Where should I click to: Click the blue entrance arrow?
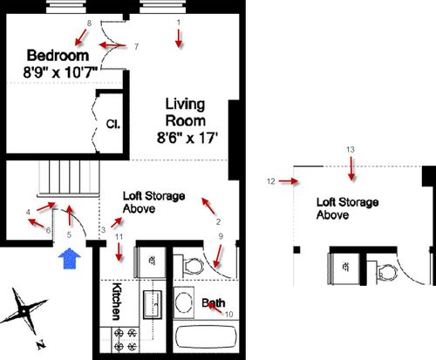click(70, 258)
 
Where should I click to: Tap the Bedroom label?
click(58, 56)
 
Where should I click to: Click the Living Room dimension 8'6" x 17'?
click(187, 138)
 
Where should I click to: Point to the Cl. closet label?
click(113, 125)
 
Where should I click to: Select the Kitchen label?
click(116, 301)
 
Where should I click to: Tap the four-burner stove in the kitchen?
click(125, 339)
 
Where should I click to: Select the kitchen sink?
click(153, 304)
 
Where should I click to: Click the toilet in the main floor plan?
click(190, 265)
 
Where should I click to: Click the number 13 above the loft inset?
click(351, 150)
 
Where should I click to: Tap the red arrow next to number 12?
click(289, 181)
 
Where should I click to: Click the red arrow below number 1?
click(179, 39)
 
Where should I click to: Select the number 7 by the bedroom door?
click(136, 46)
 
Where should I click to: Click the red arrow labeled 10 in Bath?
click(215, 309)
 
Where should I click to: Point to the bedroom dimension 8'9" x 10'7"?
click(60, 72)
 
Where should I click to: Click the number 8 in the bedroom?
click(89, 24)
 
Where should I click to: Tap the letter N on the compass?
click(41, 344)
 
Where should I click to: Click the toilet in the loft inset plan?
click(385, 272)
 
